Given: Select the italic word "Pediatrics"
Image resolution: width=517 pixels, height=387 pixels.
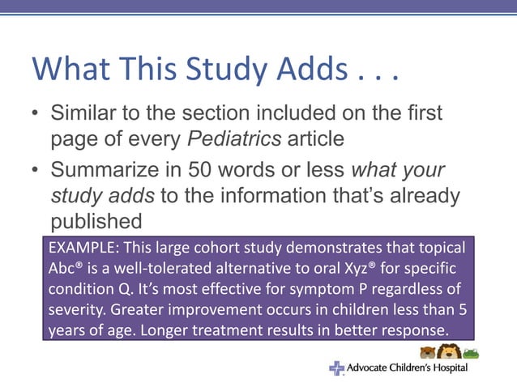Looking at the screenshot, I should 234,138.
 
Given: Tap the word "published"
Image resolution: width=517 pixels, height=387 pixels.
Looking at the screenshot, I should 96,220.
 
